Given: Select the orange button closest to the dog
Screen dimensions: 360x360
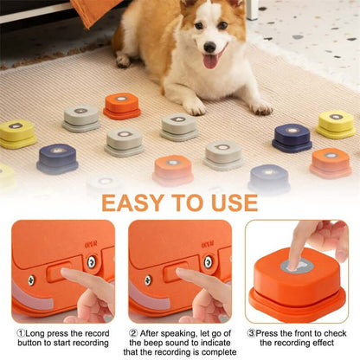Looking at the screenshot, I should click(121, 105).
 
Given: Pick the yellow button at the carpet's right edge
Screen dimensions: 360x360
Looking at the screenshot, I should click(336, 125).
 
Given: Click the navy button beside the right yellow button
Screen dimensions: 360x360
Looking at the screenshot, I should click(292, 137).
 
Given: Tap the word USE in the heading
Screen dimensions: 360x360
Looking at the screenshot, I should click(231, 202).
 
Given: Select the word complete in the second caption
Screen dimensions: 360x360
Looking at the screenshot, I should click(216, 352).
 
